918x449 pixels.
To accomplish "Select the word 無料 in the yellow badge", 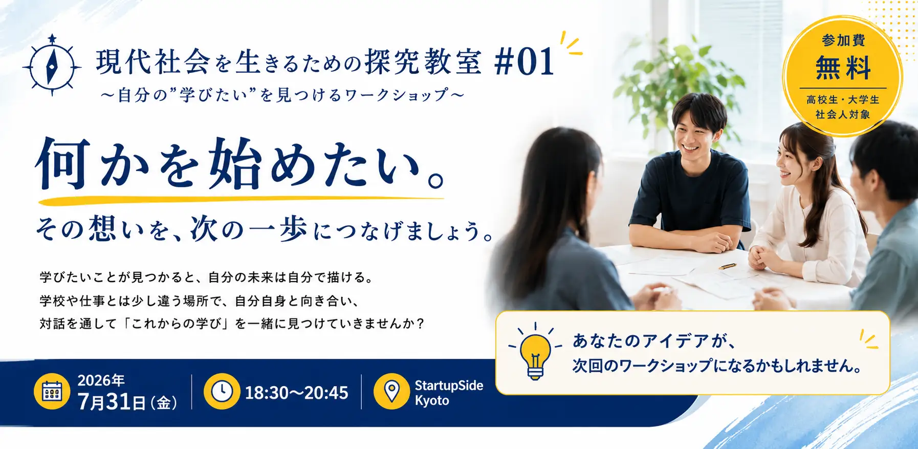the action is pyautogui.click(x=843, y=68).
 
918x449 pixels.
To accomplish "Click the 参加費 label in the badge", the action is pyautogui.click(x=843, y=40).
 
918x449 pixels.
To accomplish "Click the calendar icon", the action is pyautogui.click(x=52, y=392).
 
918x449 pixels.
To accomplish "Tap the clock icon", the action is pyautogui.click(x=222, y=392).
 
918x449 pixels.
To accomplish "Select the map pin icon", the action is pyautogui.click(x=391, y=392).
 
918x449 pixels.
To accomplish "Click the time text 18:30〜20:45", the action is pyautogui.click(x=296, y=393).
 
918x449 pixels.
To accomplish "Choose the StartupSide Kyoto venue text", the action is pyautogui.click(x=449, y=393).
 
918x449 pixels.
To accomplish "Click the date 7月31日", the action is pyautogui.click(x=112, y=401).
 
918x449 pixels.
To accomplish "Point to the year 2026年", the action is pyautogui.click(x=101, y=380).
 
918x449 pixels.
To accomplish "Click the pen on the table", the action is pyautogui.click(x=727, y=266).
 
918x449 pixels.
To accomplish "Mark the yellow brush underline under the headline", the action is pyautogui.click(x=241, y=200).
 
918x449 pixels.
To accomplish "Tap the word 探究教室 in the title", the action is pyautogui.click(x=423, y=62).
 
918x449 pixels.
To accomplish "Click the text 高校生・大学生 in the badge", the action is pyautogui.click(x=843, y=99).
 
